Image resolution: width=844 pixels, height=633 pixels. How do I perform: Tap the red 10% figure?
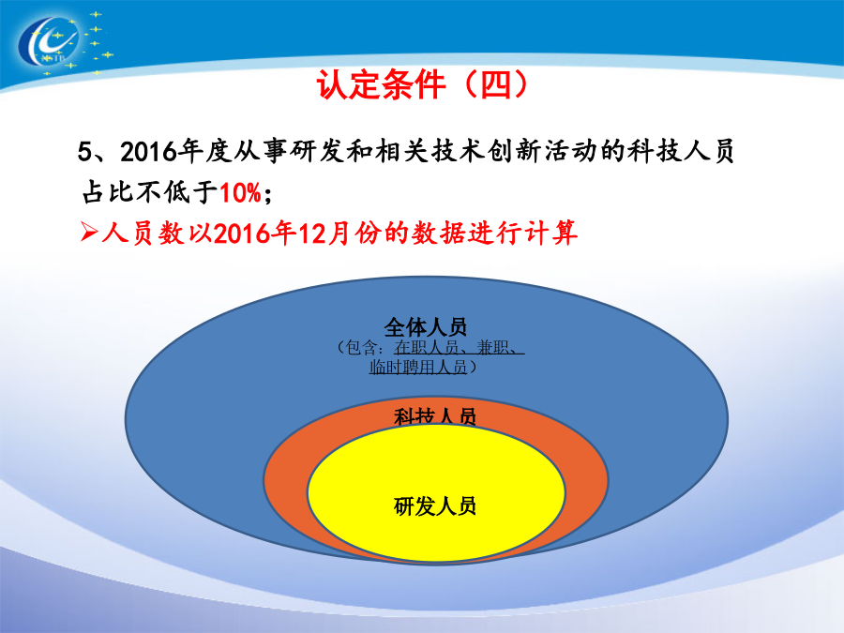[240, 192]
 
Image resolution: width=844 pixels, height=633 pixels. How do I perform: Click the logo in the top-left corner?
[64, 43]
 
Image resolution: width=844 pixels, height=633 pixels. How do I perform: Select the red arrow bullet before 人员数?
[89, 232]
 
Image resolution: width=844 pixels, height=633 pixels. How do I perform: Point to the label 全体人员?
[425, 326]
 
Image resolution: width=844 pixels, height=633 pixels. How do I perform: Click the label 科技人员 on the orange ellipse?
[435, 416]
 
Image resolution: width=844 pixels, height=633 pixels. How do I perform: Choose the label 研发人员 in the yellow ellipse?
[435, 506]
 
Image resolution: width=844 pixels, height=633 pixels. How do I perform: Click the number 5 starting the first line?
[85, 152]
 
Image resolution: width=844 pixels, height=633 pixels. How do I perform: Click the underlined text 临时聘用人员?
[417, 367]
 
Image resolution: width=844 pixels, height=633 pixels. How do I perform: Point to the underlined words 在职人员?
[426, 347]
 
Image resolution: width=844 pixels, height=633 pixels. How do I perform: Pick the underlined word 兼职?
[492, 347]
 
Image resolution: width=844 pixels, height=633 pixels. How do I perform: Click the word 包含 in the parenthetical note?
[361, 347]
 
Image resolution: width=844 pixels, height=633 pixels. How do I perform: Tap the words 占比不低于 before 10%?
[150, 192]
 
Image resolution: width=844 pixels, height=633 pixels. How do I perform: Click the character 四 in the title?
[496, 84]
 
